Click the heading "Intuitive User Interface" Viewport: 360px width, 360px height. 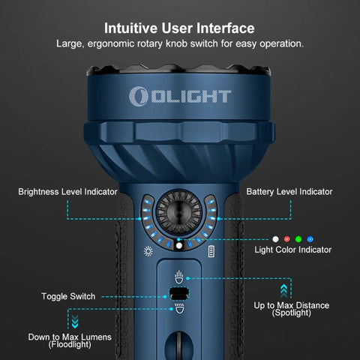(179, 28)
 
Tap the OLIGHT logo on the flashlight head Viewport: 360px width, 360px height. (179, 96)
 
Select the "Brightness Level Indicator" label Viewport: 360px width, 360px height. (67, 192)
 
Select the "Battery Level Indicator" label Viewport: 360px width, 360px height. (289, 192)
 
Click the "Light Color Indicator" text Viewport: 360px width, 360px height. (292, 249)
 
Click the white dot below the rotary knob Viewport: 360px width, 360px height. (179, 244)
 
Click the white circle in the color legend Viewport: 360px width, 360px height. (275, 238)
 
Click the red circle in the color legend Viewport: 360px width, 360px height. (287, 238)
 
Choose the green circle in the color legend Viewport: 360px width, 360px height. (298, 238)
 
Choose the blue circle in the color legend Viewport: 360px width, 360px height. (310, 238)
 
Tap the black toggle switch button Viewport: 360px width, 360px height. (178, 293)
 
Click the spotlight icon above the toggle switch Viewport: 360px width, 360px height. (178, 275)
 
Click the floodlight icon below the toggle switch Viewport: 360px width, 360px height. (178, 309)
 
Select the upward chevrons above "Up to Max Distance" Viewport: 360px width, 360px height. (283, 289)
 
